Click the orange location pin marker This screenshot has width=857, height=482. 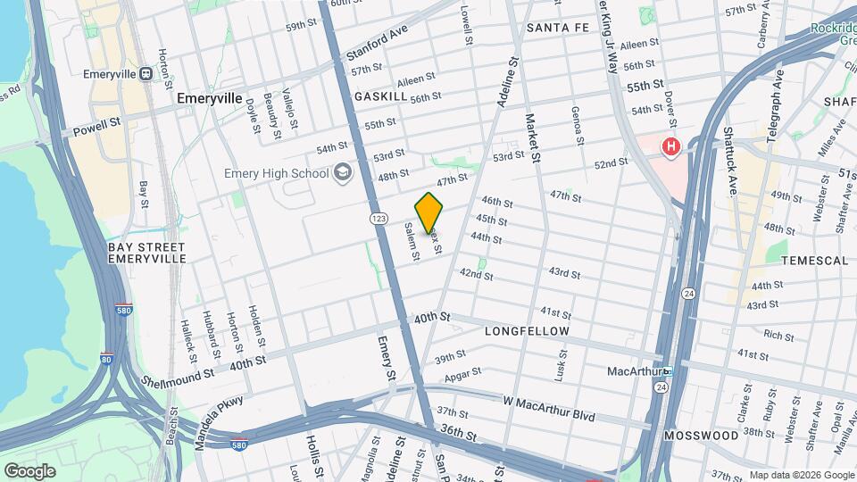[x=428, y=212]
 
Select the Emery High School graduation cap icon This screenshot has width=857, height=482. [x=342, y=172]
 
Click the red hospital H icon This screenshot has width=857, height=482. [x=670, y=145]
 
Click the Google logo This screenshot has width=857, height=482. [x=29, y=470]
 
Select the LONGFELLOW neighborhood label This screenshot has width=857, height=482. [x=527, y=331]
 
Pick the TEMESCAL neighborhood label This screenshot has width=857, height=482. [x=814, y=261]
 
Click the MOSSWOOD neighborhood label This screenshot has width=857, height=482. [x=701, y=436]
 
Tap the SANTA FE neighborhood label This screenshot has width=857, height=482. [x=558, y=28]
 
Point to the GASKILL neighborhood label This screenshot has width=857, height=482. [x=380, y=96]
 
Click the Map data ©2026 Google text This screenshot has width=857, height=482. [x=801, y=475]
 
